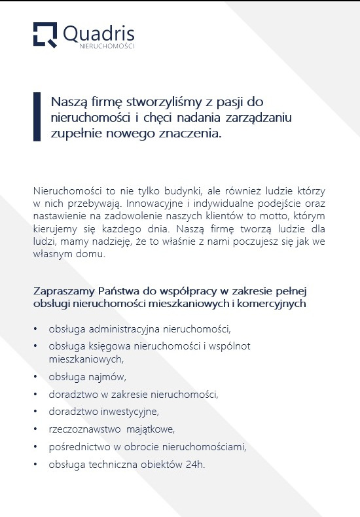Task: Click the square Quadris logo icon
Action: [45, 34]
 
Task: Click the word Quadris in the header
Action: [99, 32]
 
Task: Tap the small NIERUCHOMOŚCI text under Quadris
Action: [107, 46]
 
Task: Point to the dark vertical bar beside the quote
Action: [37, 116]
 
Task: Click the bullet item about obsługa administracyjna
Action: [139, 328]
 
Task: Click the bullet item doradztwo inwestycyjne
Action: [103, 412]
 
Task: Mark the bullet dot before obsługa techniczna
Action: [35, 465]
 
